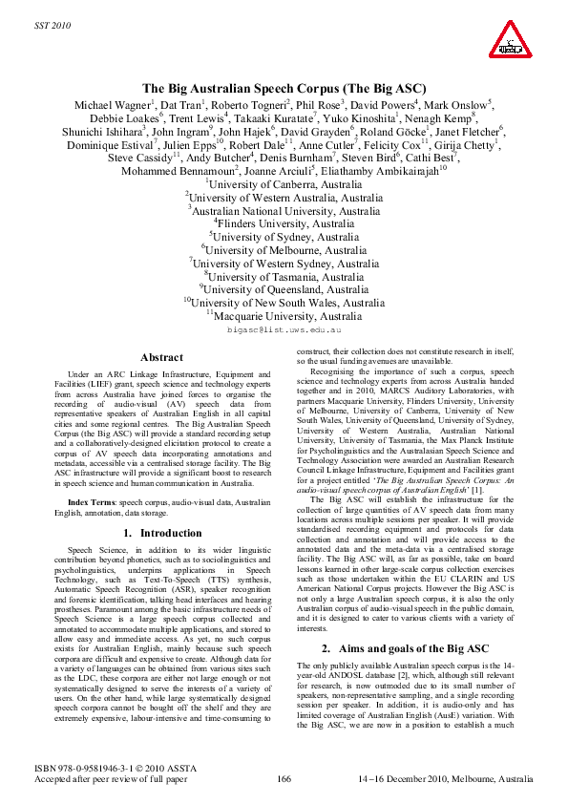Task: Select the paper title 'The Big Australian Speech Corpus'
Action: click(284, 87)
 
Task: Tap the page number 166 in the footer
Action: click(284, 780)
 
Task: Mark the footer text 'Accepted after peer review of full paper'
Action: click(123, 780)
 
